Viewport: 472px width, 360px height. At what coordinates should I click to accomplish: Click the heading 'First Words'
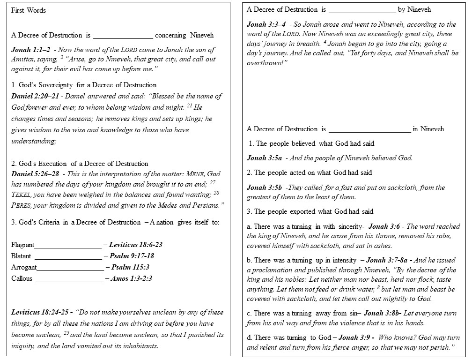click(29, 10)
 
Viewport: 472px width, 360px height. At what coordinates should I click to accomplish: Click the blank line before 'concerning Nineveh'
click(123, 36)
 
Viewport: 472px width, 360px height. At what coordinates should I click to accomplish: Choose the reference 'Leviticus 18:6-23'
click(136, 245)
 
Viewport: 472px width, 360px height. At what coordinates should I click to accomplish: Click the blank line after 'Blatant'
click(68, 256)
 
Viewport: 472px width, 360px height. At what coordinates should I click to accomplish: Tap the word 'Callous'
click(22, 279)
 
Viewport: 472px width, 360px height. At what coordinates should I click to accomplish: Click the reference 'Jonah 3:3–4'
click(265, 24)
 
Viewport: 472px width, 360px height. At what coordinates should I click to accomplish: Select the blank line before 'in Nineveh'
click(370, 129)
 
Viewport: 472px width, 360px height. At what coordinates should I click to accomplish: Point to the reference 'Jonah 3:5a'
click(264, 158)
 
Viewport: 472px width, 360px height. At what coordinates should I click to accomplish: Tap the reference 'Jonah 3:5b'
click(264, 188)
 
